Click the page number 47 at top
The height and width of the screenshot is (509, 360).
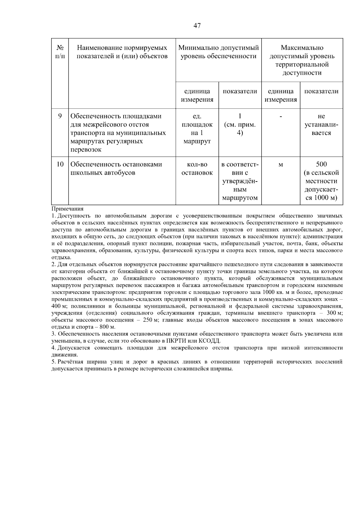point(197,26)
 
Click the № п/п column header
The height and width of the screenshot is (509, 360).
point(60,52)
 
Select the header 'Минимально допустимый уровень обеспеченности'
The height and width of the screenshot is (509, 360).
point(218,52)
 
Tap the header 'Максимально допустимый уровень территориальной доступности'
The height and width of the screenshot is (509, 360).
point(302,60)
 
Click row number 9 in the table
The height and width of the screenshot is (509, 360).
point(60,116)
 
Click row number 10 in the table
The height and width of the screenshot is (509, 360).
point(60,164)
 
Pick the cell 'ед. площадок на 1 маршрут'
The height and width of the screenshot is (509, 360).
point(197,129)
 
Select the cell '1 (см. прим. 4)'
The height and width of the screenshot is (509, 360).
point(240,124)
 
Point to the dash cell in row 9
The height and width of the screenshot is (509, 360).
point(280,116)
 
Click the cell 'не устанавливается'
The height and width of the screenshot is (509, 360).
point(321,124)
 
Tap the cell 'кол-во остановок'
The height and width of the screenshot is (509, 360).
point(197,169)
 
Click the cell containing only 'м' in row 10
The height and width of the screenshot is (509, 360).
point(280,165)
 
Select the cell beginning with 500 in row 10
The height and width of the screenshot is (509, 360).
point(321,181)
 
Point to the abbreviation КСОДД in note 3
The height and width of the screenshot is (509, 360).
point(210,341)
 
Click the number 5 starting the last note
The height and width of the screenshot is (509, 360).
point(53,362)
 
